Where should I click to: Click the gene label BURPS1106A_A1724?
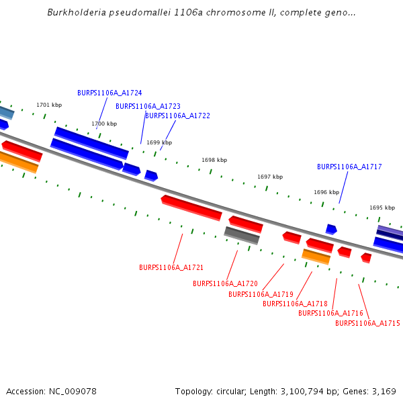109,93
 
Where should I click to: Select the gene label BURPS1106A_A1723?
148,106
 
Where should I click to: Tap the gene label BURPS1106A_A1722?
177,116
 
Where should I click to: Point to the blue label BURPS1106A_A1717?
349,167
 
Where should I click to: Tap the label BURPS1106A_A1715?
367,323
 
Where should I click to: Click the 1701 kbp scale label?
49,105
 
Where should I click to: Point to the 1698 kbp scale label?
214,160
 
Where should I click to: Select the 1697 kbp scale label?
270,177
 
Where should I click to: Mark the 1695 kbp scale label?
382,208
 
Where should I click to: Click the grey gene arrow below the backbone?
242,235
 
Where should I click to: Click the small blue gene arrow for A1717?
331,229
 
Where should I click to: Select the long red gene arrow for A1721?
191,208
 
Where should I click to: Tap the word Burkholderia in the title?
73,13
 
